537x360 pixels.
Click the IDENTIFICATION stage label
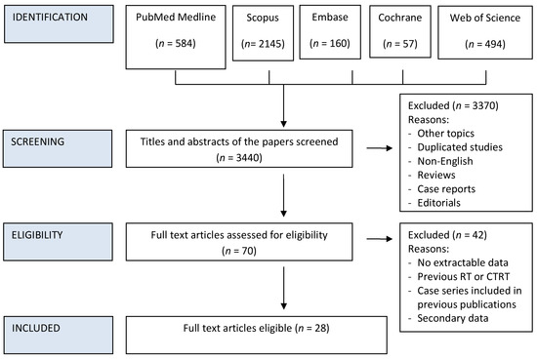[x=58, y=19]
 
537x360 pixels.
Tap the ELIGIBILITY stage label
[x=58, y=236]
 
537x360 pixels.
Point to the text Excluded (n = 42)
[x=451, y=236]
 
